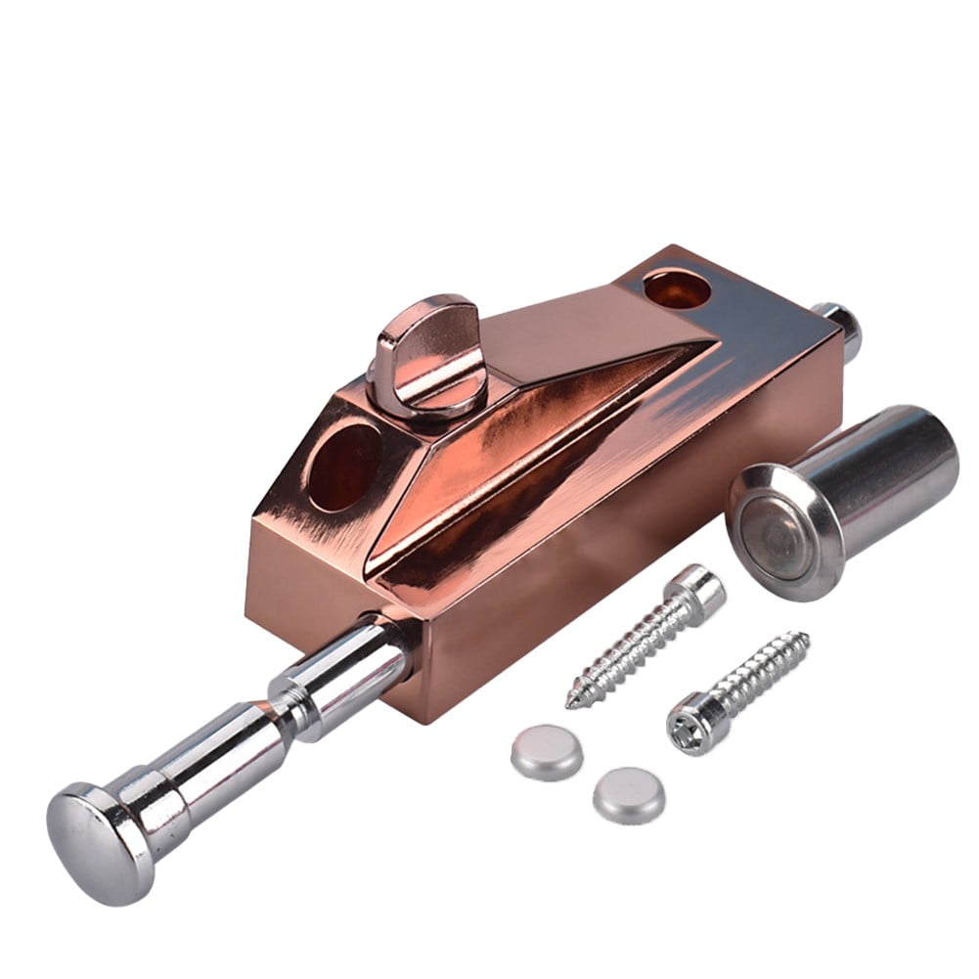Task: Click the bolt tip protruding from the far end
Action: pos(844,324)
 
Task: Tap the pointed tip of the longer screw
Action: pos(573,701)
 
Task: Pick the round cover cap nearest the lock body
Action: pos(547,750)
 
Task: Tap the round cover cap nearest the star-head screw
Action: pos(629,793)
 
